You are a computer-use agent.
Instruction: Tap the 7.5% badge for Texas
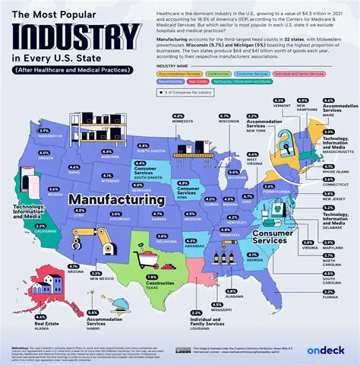click(151, 277)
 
